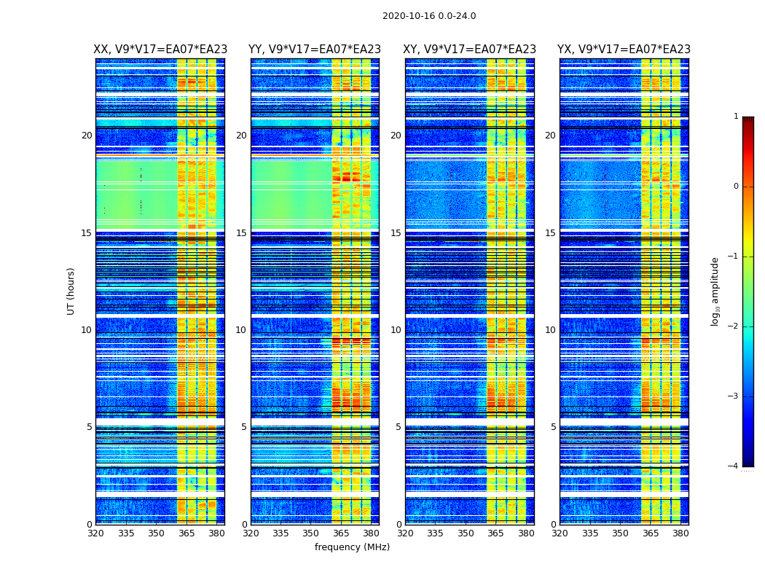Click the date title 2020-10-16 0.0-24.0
click(429, 16)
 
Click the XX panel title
click(160, 50)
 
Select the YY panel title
click(315, 50)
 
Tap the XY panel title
click(470, 50)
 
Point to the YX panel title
click(624, 50)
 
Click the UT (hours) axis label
click(71, 291)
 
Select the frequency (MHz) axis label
click(352, 547)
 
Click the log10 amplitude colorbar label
click(715, 291)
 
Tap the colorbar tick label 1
click(735, 117)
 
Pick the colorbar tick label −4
click(733, 466)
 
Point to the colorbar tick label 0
click(735, 187)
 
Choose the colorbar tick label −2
click(733, 326)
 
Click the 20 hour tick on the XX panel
click(87, 136)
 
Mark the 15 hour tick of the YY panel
click(241, 233)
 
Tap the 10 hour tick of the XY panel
click(396, 330)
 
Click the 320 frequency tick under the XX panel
click(95, 533)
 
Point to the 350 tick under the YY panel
click(311, 533)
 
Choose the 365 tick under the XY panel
click(495, 533)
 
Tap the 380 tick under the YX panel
click(680, 533)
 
